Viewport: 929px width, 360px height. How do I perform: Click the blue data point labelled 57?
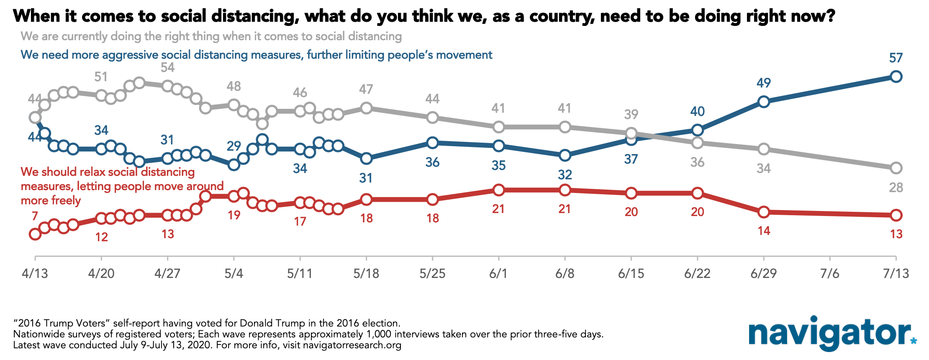click(896, 77)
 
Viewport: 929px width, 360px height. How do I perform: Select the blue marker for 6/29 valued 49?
click(764, 102)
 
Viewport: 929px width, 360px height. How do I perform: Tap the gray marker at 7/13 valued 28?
click(896, 168)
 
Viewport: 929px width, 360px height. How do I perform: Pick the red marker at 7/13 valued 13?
click(896, 215)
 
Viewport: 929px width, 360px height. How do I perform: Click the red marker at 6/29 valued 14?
click(764, 212)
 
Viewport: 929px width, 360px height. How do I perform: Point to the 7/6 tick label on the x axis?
click(830, 274)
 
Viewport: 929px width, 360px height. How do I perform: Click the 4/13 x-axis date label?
click(35, 274)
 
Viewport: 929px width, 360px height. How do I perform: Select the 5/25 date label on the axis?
click(432, 274)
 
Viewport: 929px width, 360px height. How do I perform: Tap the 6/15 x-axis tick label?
click(631, 274)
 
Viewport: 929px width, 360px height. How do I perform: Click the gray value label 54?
click(167, 67)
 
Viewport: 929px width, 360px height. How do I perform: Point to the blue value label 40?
click(698, 111)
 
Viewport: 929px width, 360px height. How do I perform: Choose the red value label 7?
click(35, 216)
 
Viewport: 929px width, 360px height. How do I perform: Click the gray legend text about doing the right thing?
click(211, 36)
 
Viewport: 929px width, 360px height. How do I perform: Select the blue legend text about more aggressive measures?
click(257, 55)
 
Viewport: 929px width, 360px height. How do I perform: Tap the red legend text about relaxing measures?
click(122, 186)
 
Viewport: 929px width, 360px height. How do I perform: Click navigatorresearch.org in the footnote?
click(352, 345)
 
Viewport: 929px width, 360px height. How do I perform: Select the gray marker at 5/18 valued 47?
click(366, 108)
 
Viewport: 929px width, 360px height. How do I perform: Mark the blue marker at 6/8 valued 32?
click(565, 155)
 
